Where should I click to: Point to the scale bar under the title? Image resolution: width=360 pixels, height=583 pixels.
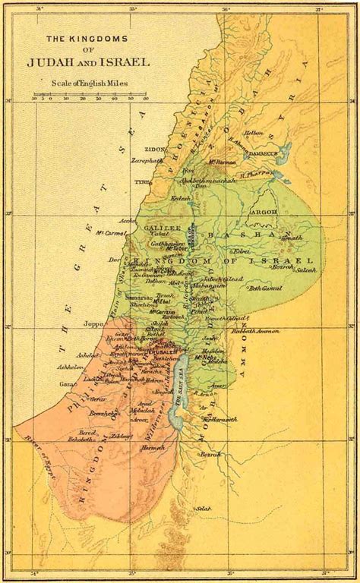(90, 97)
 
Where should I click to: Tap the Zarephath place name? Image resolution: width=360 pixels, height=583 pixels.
(150, 162)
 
